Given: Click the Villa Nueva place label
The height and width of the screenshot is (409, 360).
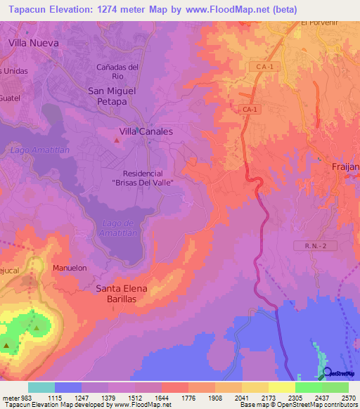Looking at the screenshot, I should coord(33,42).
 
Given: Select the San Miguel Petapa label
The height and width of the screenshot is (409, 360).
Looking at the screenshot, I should coord(116,96).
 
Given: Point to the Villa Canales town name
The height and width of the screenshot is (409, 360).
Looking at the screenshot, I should coord(146,131).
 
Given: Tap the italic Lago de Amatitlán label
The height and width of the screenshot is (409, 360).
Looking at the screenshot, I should coord(117,228).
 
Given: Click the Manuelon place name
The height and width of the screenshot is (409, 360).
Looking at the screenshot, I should coord(70,268).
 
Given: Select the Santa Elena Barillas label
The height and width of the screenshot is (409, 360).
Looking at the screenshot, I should coord(125,294).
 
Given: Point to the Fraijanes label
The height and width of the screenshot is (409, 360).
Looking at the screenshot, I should coord(345,166).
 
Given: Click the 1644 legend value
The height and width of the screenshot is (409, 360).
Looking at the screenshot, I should coord(162,398).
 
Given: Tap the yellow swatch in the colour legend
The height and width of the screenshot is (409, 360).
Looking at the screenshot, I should coord(281,387).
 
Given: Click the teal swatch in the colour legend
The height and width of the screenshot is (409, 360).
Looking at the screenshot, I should coord(41,387).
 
